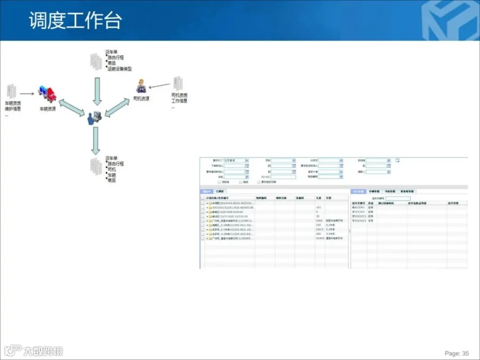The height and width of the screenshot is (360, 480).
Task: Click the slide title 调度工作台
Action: tap(75, 20)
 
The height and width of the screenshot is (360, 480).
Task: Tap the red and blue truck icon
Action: tap(46, 94)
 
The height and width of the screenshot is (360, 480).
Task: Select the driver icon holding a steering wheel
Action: tap(141, 86)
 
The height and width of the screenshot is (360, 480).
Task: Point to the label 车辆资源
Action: tap(47, 108)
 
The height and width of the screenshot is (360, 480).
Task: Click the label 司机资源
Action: tap(141, 99)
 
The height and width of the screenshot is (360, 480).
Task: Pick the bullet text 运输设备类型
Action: tap(119, 69)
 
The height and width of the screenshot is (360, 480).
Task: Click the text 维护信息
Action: tap(13, 109)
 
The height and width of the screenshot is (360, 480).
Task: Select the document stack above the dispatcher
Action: tap(95, 61)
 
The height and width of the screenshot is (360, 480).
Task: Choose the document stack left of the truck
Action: tap(11, 91)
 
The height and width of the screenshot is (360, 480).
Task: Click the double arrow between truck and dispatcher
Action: tap(71, 107)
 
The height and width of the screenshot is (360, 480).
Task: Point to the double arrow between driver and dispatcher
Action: tap(119, 106)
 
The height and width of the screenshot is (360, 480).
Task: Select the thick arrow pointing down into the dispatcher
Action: tap(97, 91)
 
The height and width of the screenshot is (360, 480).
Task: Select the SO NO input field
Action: tap(283, 177)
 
